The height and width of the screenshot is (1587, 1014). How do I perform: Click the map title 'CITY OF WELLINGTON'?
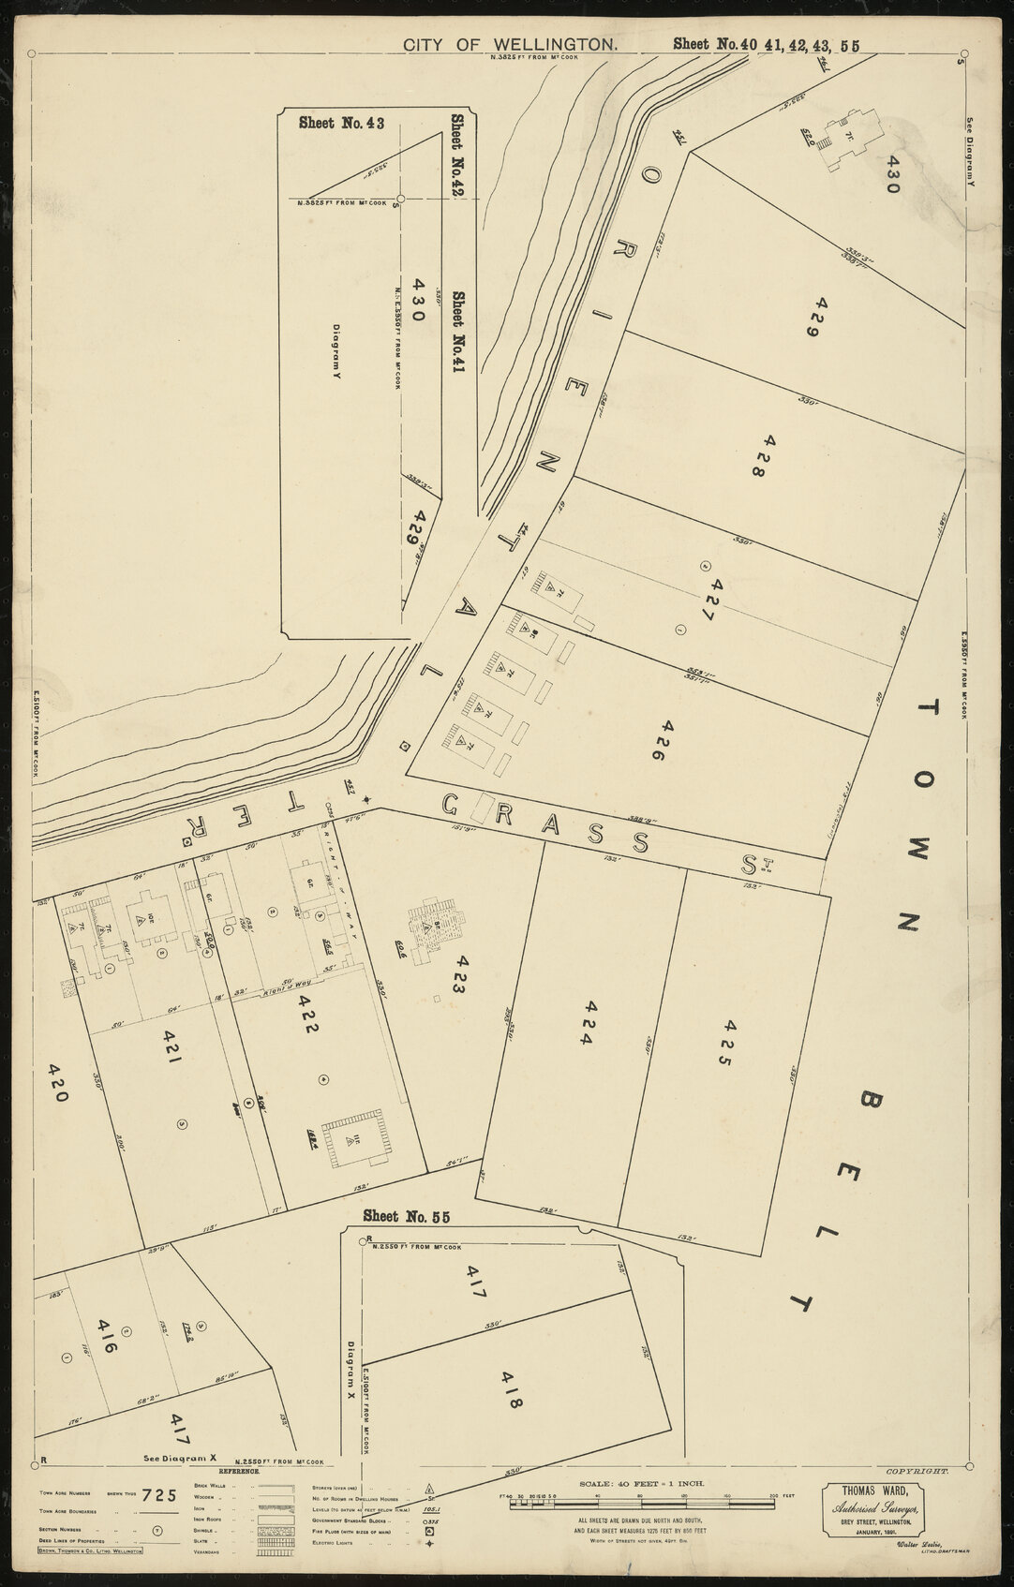[x=510, y=44]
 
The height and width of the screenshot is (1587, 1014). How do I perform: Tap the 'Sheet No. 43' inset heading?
[x=335, y=122]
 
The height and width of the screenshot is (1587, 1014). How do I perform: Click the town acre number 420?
[x=58, y=1083]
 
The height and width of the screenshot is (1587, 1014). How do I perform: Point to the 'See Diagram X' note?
[x=180, y=1459]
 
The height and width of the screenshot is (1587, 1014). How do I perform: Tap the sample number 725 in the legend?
[x=159, y=1495]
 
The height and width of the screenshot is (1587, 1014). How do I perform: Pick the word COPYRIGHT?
[x=922, y=1472]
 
